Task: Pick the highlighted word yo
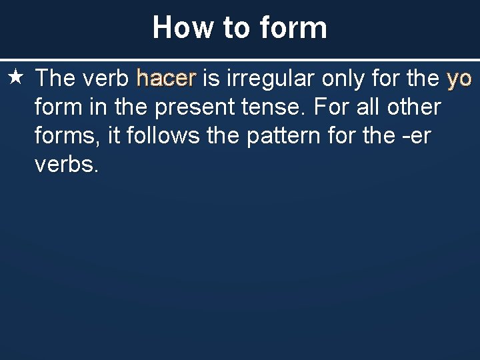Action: point(459,79)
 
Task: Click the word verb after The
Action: point(106,79)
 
